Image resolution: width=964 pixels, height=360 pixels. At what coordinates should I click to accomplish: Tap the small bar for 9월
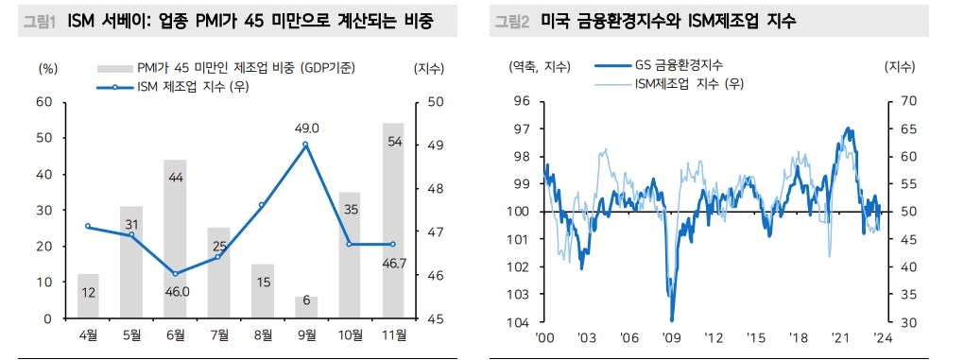point(306,307)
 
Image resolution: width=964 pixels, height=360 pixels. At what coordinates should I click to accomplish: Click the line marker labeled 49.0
point(305,145)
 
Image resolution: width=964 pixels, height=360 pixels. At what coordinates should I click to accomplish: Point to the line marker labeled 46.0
point(175,274)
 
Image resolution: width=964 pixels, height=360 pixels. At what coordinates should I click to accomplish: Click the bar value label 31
point(131,224)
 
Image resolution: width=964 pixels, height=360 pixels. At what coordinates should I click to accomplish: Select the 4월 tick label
point(87,334)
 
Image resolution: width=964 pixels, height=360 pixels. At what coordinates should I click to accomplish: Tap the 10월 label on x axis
point(350,334)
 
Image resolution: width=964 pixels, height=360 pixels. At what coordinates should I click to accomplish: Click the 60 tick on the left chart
point(43,102)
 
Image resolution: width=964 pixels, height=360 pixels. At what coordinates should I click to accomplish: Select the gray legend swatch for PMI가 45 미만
point(114,68)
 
